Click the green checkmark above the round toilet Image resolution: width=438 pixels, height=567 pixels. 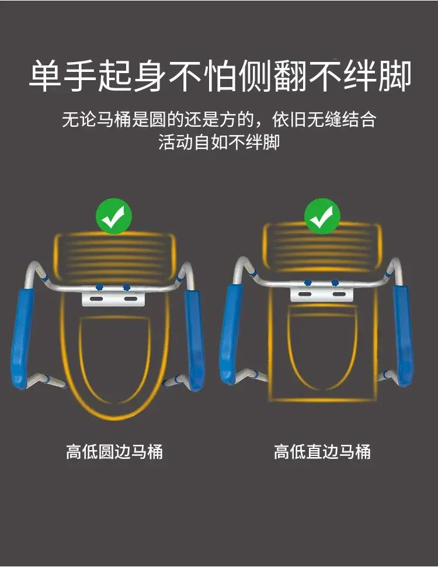click(114, 216)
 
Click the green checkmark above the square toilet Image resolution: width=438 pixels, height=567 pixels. click(322, 216)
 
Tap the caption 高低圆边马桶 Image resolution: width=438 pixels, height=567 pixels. click(114, 452)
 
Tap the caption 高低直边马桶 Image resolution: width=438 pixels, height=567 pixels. click(322, 452)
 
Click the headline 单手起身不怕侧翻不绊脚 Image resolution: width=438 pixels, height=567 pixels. click(220, 77)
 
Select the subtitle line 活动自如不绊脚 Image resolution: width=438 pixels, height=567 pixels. click(219, 142)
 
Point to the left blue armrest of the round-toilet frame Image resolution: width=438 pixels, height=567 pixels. click(22, 338)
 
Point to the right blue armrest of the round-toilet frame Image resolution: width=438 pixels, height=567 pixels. click(194, 340)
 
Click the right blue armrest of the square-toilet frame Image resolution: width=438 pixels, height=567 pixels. click(403, 336)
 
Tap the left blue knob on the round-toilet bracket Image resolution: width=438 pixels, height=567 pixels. click(99, 287)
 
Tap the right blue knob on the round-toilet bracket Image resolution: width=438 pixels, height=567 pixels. click(126, 287)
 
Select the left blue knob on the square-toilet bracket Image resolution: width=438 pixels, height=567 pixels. click(308, 282)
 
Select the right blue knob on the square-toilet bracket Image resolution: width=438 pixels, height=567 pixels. click(335, 282)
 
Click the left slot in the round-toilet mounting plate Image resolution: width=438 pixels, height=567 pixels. click(97, 299)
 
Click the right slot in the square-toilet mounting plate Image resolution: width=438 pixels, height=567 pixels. click(338, 294)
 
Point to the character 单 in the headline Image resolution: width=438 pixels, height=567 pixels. click(45, 77)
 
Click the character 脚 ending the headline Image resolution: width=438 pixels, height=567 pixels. click(395, 77)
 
